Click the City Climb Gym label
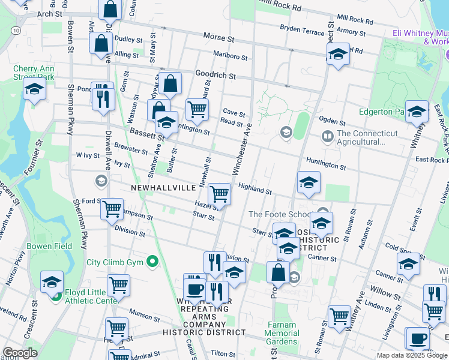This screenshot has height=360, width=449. pyautogui.click(x=114, y=262)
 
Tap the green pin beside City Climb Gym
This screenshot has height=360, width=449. pyautogui.click(x=152, y=262)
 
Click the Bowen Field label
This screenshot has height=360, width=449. pyautogui.click(x=49, y=246)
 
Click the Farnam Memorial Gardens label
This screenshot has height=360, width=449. pyautogui.click(x=282, y=333)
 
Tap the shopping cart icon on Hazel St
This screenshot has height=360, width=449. pyautogui.click(x=220, y=194)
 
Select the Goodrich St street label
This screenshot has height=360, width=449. pyautogui.click(x=215, y=77)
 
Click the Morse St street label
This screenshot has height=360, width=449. pyautogui.click(x=217, y=37)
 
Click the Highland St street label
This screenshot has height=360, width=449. pyautogui.click(x=255, y=188)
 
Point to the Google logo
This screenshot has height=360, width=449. pyautogui.click(x=19, y=353)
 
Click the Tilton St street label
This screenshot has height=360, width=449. pyautogui.click(x=222, y=354)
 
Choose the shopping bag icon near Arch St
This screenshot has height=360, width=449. pyautogui.click(x=110, y=10)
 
